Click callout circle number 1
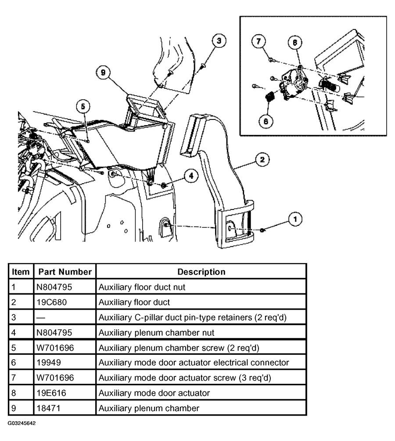[295, 218]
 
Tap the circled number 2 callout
[262, 159]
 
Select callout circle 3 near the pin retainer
[218, 41]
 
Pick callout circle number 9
[103, 73]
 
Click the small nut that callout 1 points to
[262, 230]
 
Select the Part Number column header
[65, 272]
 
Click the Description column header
[201, 272]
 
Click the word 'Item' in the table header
[21, 272]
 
